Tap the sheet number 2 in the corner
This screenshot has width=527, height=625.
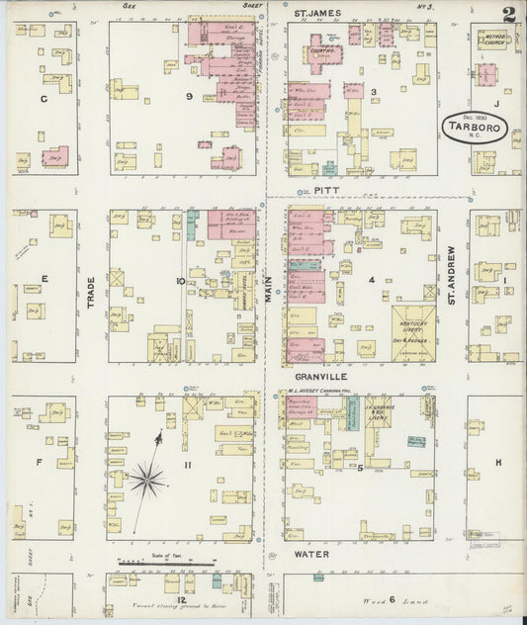point(507,15)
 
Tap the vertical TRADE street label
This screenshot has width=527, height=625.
point(91,289)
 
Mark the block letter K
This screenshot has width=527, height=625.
point(498,462)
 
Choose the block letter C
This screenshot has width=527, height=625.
point(43,99)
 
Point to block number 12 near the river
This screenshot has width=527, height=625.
point(181,599)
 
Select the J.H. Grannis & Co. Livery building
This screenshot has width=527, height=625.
point(381,417)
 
